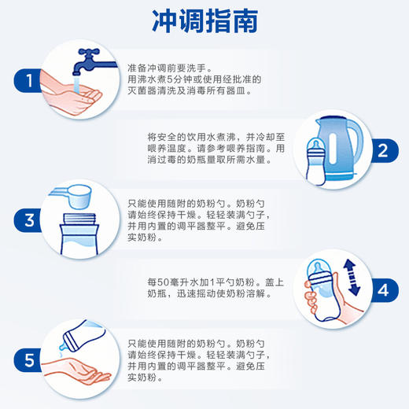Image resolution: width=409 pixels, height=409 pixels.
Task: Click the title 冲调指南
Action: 204,21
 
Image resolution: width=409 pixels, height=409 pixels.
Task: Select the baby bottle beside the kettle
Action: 313,162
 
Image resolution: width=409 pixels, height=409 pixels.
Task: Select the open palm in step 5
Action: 79,369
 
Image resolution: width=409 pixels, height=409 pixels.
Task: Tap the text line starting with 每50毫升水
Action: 204,282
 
